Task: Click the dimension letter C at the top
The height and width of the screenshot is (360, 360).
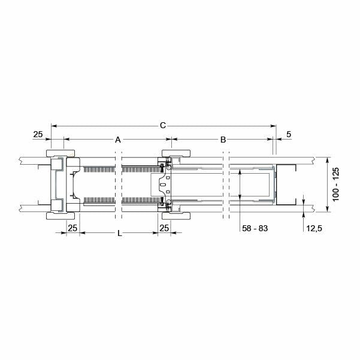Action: point(162,125)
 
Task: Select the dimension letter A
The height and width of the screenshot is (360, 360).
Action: point(118,140)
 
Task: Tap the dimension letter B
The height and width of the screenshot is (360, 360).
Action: point(223,140)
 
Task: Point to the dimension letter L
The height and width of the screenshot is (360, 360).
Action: point(120,234)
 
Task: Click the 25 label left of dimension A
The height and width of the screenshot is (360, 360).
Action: point(38,135)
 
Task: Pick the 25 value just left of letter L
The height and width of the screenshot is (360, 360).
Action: point(72,228)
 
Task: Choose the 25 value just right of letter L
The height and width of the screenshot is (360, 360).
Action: point(164,228)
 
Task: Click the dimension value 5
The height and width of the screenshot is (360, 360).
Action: point(289,135)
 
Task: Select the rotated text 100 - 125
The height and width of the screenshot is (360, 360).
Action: point(336,184)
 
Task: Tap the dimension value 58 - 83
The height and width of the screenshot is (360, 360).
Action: point(255,229)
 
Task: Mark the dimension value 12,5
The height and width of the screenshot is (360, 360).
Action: point(315,229)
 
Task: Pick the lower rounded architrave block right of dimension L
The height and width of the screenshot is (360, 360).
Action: point(180,216)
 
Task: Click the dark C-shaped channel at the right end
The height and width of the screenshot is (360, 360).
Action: point(286,184)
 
